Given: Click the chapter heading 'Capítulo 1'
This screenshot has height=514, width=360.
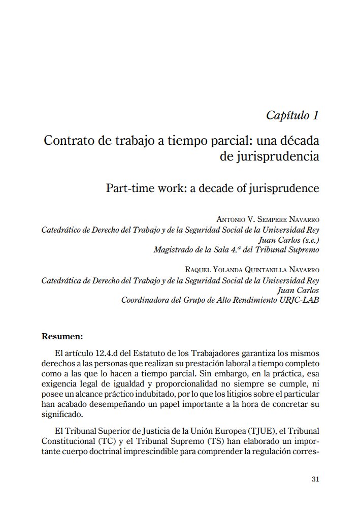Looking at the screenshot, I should tap(292, 115).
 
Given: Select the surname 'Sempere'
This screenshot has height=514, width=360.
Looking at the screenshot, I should tap(272, 219).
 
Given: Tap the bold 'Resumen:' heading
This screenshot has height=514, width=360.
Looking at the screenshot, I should tap(61, 336).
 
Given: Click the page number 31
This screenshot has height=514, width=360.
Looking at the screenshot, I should tap(315, 479).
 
